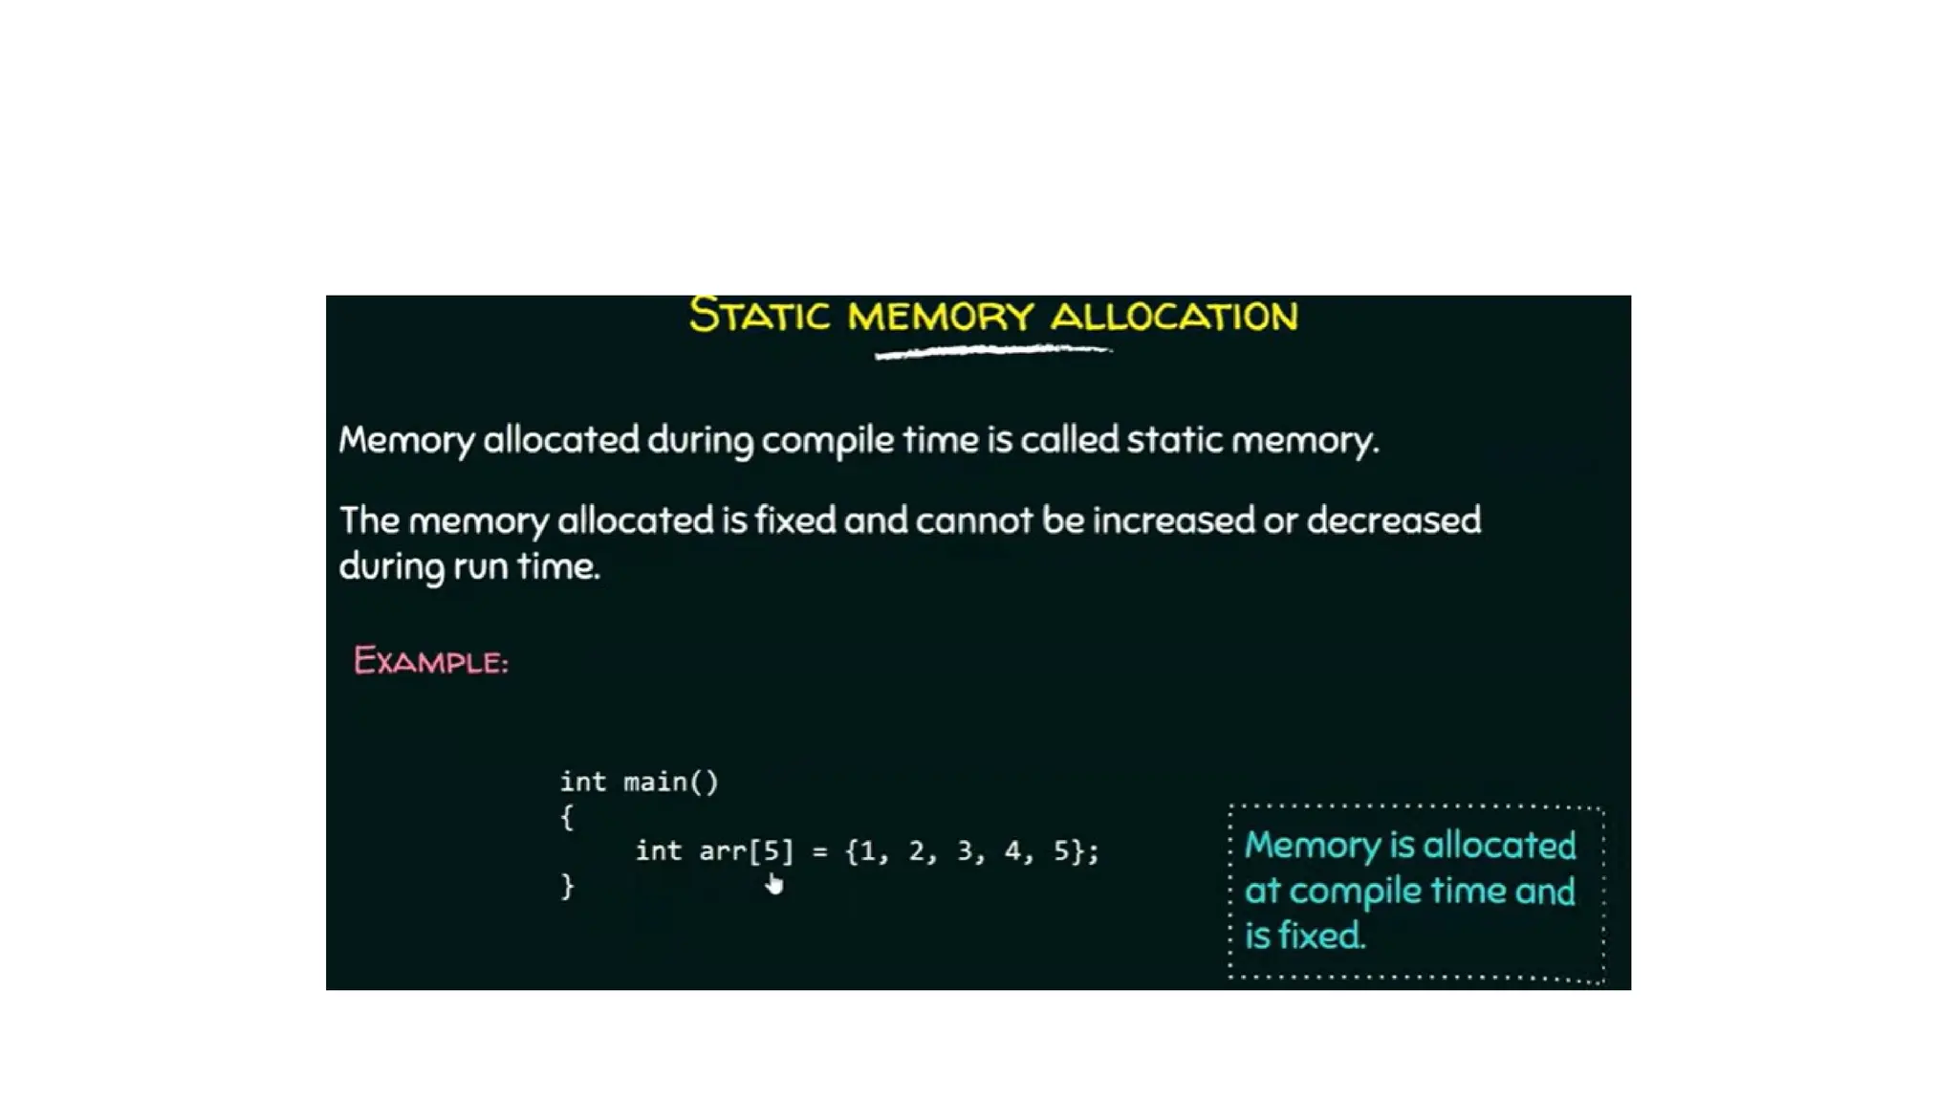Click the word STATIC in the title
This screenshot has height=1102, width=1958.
coord(759,316)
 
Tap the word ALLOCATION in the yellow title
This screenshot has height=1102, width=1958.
coord(1174,317)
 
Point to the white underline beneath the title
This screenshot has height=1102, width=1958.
coord(992,352)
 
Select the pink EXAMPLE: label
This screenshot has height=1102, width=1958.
coord(430,661)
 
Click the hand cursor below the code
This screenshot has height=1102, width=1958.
coord(773,884)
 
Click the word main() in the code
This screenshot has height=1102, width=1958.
coord(670,782)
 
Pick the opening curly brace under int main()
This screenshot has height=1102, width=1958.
coord(567,817)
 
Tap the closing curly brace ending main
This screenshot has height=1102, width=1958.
coord(567,886)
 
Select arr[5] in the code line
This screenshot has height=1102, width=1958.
coord(746,851)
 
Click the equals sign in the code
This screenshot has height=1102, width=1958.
coord(819,851)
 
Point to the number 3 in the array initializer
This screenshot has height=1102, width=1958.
coord(965,851)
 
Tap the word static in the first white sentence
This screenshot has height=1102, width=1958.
coord(1174,440)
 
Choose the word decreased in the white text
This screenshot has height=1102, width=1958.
coord(1393,520)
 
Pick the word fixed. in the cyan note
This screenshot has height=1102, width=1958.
coord(1318,936)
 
